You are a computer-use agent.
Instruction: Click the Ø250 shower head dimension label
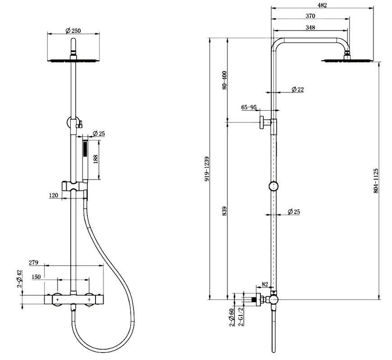[73, 30]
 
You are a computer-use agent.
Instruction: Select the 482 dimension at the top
[322, 5]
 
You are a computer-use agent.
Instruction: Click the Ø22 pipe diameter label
[297, 90]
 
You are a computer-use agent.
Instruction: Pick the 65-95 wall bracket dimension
[249, 108]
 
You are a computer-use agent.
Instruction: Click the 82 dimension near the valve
[264, 285]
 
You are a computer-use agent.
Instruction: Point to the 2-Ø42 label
[19, 279]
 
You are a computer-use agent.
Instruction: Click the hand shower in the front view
[84, 162]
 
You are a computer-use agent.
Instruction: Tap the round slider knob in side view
[273, 187]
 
